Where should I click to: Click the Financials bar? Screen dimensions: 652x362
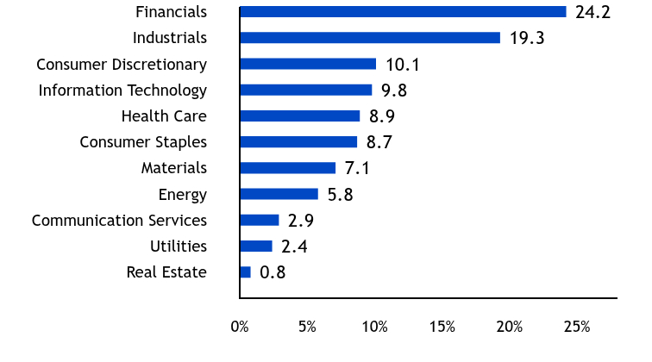[403, 12]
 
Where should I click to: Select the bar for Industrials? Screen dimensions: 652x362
[370, 38]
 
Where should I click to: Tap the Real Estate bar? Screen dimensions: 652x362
[245, 272]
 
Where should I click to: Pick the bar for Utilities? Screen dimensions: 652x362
[256, 246]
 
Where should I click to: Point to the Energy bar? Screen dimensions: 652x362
[279, 194]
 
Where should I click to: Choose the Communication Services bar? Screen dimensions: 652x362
[260, 221]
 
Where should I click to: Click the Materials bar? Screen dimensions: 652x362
[288, 168]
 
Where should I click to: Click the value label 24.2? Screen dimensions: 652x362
[593, 12]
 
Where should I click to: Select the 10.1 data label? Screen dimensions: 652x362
[403, 65]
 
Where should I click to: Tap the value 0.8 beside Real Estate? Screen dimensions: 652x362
[273, 272]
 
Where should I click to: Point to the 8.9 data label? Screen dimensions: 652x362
[382, 116]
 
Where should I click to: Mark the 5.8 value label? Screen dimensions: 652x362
[341, 195]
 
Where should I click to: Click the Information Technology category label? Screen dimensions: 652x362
[122, 90]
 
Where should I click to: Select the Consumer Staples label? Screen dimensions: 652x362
[143, 142]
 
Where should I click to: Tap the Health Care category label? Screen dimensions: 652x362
[164, 116]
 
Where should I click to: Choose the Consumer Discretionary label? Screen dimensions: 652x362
[122, 65]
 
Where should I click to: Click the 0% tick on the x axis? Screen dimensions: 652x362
[240, 327]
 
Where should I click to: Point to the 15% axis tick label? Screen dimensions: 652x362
[442, 327]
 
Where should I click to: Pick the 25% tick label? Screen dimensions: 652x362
[577, 327]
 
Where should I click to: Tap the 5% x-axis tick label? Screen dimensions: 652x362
[307, 327]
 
